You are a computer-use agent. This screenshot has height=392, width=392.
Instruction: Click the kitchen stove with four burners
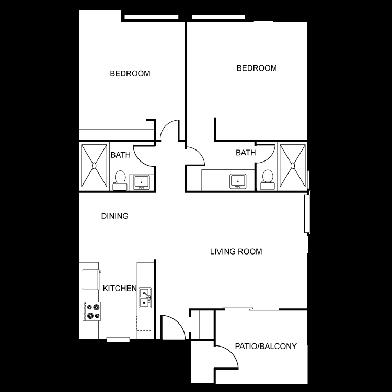pos(92,312)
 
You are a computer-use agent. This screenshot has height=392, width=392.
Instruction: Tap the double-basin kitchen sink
pos(145,298)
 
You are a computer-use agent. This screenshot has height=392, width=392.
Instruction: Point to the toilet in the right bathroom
pos(268,180)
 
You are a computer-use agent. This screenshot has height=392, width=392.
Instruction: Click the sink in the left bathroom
pos(142,182)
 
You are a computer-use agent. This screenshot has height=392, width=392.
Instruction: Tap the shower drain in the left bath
pos(94,166)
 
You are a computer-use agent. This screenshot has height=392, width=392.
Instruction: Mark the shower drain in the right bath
pos(293,166)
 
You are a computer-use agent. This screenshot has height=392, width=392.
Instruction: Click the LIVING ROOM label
pos(236,251)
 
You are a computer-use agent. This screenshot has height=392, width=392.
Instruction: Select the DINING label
pos(115,216)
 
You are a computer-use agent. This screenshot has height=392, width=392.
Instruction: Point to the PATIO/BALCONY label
pos(266,346)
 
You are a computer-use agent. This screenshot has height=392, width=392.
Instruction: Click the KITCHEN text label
pos(120,289)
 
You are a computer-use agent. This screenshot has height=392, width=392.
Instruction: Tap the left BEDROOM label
pos(130,74)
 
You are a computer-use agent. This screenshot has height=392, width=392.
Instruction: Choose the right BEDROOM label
pos(257,68)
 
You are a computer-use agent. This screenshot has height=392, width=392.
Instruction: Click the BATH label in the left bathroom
pos(121,155)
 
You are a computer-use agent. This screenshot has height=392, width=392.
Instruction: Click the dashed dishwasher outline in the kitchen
pos(144,323)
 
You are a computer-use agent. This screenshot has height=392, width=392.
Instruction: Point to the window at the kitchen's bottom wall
pos(118,340)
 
